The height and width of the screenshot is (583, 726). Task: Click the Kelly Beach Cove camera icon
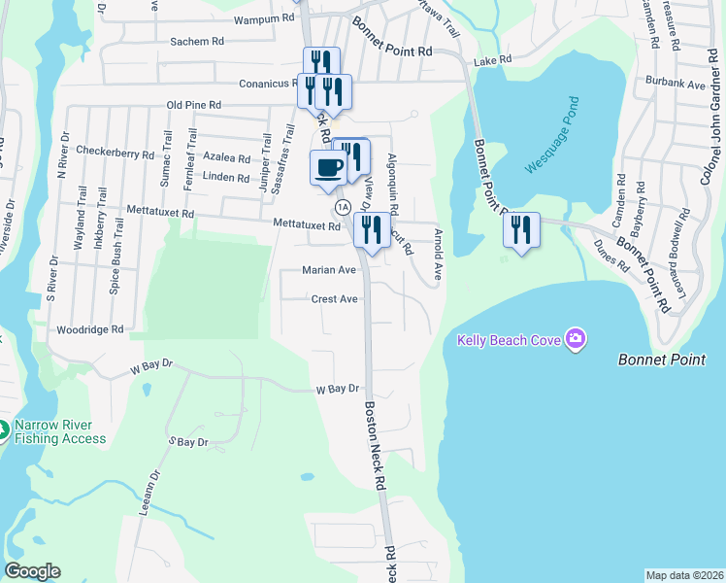576,339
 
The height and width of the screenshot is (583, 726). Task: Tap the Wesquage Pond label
552,136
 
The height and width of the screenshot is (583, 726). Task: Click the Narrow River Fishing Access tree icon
5,429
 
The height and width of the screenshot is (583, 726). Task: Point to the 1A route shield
343,207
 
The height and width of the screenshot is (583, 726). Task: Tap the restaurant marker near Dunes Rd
521,229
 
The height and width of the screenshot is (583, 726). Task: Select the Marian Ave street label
329,270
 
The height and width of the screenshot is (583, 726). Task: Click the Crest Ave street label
335,299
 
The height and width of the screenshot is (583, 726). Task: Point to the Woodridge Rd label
90,330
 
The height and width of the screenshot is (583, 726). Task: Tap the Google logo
32,571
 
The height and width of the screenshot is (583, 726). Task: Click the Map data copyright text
684,575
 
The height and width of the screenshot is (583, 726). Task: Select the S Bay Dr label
189,442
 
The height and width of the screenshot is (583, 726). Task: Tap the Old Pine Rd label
194,105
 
